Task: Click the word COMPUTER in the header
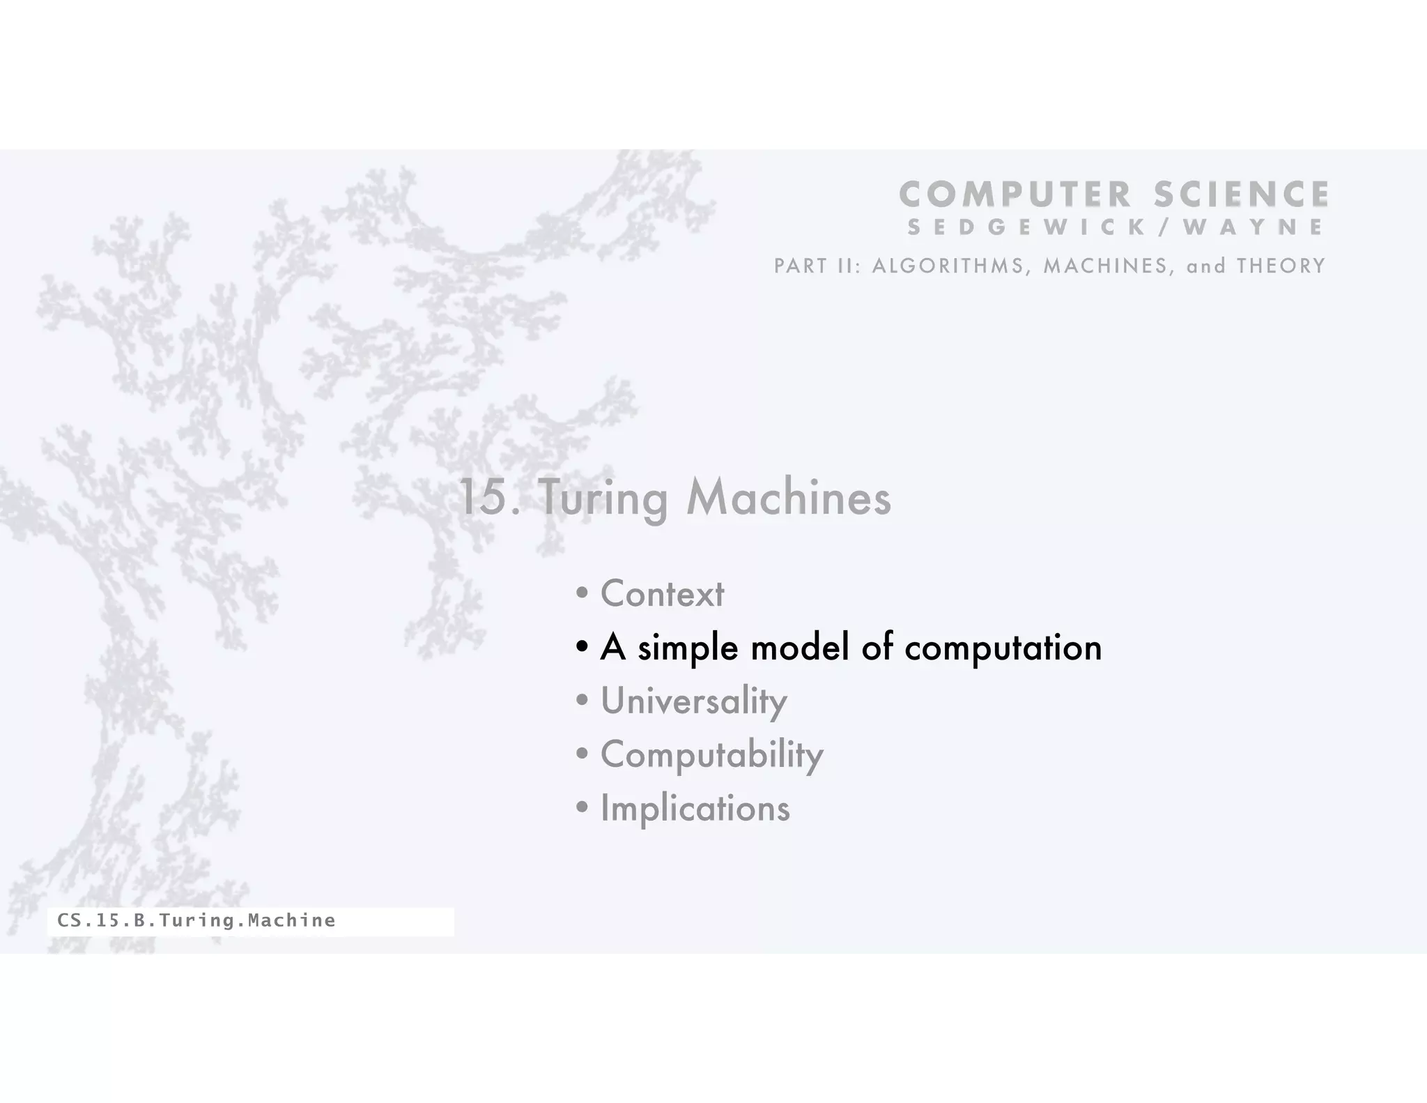1015,195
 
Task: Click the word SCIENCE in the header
1241,195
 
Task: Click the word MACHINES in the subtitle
1108,266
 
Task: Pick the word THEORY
1281,266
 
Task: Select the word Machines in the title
788,499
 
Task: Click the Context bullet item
662,594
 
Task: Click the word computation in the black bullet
1003,648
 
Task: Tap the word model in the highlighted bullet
800,647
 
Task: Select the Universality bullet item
693,701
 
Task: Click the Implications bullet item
695,809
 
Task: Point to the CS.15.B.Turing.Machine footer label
196,921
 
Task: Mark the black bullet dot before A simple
583,648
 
